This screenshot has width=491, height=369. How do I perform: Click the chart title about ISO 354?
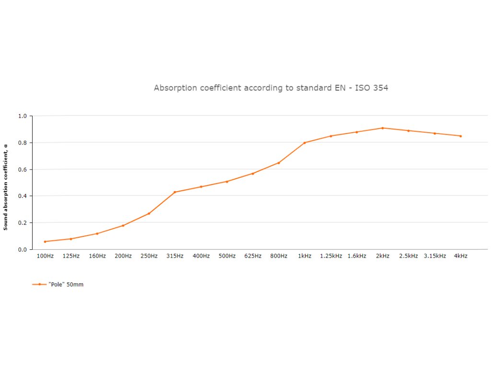coord(271,88)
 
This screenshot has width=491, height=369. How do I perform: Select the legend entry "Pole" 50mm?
coord(66,284)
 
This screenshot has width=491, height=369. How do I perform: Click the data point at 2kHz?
coord(383,128)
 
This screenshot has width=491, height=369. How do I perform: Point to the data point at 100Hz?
coord(45,241)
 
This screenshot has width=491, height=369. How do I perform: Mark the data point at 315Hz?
coord(175,192)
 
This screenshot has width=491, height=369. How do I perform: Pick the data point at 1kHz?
coord(304,143)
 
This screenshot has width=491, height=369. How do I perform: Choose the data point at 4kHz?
coord(460,136)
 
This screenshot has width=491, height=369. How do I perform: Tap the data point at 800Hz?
coord(279,163)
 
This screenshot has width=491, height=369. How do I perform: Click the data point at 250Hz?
coord(149,213)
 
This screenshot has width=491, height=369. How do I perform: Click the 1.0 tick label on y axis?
coord(22,116)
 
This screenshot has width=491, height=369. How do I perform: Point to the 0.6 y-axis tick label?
coord(22,170)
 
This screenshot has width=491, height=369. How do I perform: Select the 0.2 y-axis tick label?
coord(22,223)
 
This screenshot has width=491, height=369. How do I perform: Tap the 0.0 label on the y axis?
coord(22,250)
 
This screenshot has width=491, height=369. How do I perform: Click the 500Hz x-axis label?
coord(227,256)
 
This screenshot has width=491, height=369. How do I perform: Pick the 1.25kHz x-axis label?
coord(331,256)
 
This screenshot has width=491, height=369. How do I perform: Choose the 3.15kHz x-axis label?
coord(435,256)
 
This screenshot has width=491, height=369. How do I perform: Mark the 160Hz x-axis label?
coord(97,256)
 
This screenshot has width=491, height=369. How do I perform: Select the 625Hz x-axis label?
coord(253,256)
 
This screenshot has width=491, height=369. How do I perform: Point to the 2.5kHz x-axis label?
coord(409,256)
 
